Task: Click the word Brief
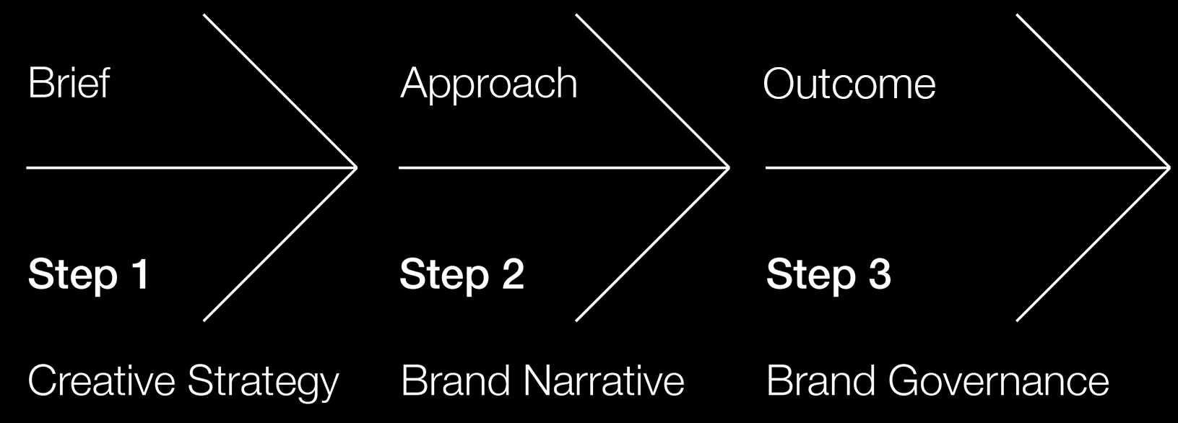(x=69, y=82)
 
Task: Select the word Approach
(x=488, y=84)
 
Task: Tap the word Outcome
(x=849, y=84)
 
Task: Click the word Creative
(x=102, y=380)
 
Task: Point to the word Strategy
(x=264, y=383)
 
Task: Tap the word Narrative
(x=604, y=380)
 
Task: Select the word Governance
(x=999, y=380)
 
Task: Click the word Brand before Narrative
(x=456, y=380)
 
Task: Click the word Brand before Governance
(x=821, y=380)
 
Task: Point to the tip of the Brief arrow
(x=357, y=167)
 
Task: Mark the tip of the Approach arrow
(x=729, y=167)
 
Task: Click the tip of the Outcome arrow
(x=1170, y=167)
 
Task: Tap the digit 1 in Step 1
(x=141, y=274)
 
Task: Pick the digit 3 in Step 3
(x=879, y=274)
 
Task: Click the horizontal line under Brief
(x=191, y=167)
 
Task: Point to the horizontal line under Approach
(x=564, y=167)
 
